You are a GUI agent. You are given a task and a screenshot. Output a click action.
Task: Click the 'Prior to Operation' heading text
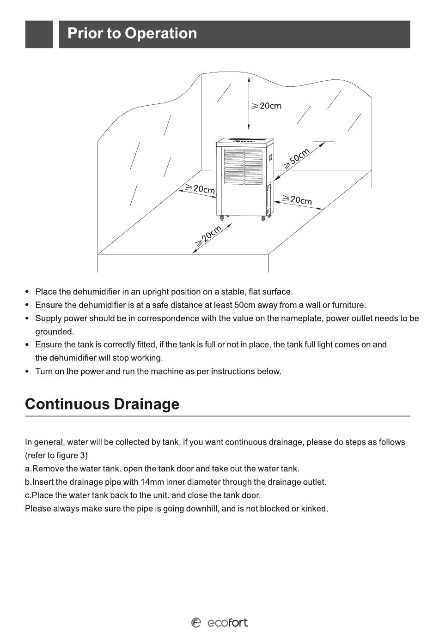[132, 34]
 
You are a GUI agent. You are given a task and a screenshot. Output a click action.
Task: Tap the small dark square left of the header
[39, 34]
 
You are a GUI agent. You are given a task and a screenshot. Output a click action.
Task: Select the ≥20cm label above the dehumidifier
[266, 106]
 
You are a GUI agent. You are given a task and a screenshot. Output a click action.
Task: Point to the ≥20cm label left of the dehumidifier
[200, 189]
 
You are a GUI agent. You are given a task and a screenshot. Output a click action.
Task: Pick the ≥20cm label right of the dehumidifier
[297, 199]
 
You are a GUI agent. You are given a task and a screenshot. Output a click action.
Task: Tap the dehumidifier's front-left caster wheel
[222, 217]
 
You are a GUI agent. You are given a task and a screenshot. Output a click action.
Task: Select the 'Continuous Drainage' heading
[102, 404]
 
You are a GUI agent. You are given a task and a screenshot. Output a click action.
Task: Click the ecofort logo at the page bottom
[219, 623]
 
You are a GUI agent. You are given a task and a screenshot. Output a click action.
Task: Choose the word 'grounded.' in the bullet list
[55, 331]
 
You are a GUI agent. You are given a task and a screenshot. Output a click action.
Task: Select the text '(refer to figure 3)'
[56, 455]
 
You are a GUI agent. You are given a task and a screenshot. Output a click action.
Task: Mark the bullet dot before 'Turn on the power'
[27, 371]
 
